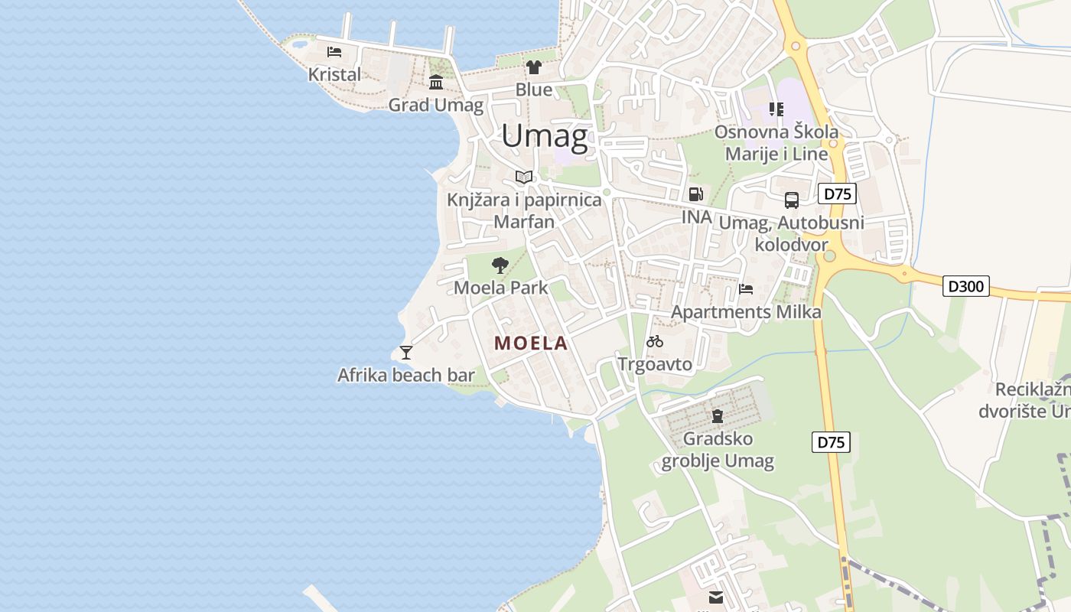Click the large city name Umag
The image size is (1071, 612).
(x=545, y=136)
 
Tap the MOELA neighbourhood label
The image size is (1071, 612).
(x=531, y=343)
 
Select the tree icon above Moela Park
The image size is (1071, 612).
(x=500, y=265)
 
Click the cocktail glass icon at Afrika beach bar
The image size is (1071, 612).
(x=406, y=352)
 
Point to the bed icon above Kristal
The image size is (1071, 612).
(x=334, y=52)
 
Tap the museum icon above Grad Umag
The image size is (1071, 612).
(x=436, y=83)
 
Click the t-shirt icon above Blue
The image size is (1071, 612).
(x=534, y=67)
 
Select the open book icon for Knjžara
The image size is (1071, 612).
(x=524, y=177)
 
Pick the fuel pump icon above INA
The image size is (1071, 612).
(x=695, y=194)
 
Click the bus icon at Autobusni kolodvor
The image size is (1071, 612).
(x=792, y=200)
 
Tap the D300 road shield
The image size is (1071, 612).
(x=966, y=286)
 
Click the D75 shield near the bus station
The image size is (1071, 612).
(x=837, y=194)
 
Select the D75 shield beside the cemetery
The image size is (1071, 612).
(x=831, y=442)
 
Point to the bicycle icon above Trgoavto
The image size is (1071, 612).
(x=655, y=341)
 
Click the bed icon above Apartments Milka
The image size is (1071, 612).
(x=746, y=289)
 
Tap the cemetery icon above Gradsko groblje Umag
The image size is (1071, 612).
(x=718, y=416)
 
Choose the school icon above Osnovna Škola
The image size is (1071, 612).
(x=776, y=109)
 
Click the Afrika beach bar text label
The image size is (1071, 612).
(x=406, y=375)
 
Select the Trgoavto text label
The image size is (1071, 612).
(x=655, y=364)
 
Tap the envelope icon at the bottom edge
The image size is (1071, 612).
(x=716, y=597)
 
